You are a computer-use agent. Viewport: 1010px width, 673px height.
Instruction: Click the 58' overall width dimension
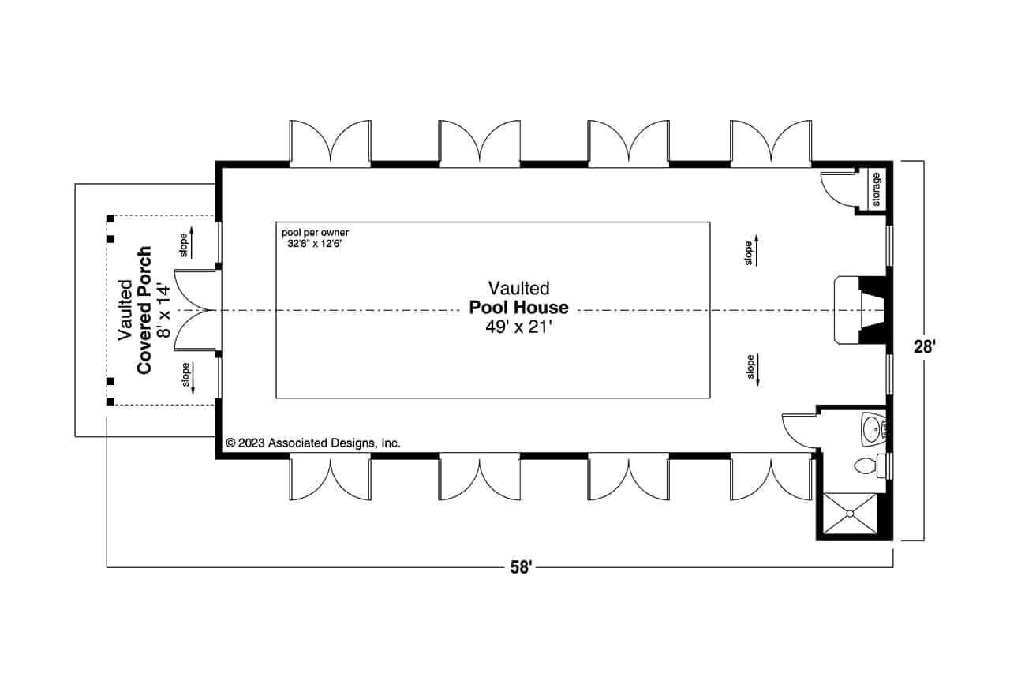point(519,566)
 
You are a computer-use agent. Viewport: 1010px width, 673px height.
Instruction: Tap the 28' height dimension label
point(923,348)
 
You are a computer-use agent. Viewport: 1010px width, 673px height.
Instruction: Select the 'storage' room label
point(877,189)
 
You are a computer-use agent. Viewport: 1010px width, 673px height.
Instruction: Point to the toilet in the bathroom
point(868,466)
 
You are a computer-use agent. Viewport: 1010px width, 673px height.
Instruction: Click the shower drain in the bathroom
point(850,514)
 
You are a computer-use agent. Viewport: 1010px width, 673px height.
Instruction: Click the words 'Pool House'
point(518,308)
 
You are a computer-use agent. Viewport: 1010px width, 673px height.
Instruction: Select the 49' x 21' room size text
point(518,327)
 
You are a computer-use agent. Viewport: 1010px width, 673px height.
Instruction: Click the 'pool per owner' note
point(315,233)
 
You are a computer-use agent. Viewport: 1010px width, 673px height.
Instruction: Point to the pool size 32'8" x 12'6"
point(314,244)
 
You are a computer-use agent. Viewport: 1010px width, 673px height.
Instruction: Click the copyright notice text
point(313,443)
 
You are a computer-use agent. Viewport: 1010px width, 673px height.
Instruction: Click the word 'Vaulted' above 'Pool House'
point(518,288)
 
